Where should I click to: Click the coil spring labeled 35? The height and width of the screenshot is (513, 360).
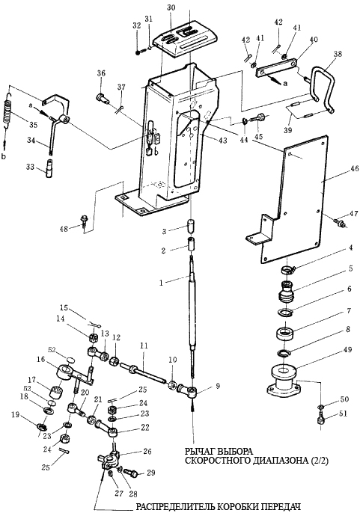coord(9,111)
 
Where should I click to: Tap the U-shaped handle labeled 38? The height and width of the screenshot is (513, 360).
coord(323,88)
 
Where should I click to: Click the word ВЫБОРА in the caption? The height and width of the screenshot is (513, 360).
coord(235,452)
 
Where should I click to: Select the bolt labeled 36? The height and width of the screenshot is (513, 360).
coord(102,98)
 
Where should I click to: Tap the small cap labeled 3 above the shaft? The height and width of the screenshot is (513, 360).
coord(191,226)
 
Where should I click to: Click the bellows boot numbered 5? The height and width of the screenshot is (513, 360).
coord(287,290)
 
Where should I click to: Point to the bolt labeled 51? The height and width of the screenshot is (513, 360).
coord(320,419)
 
